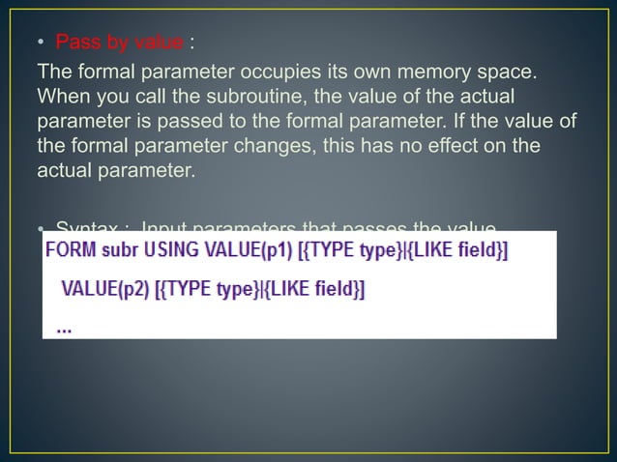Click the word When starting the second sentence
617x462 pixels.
click(x=61, y=97)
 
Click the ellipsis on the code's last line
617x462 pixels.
click(x=65, y=328)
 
